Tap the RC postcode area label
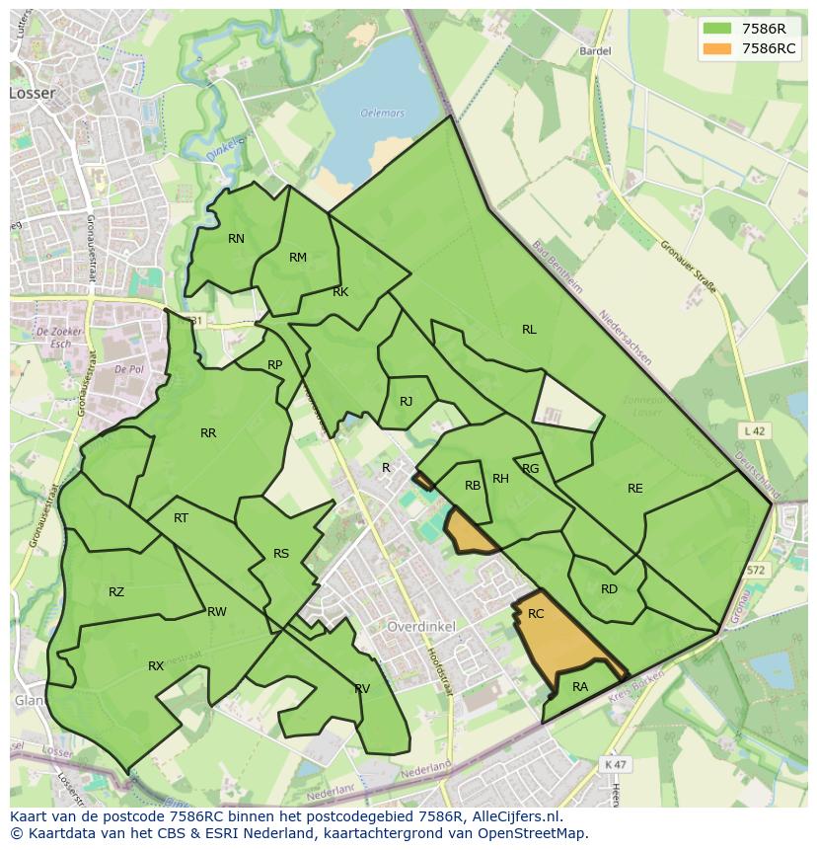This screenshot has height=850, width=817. tap(536, 614)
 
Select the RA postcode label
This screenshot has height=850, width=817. tap(580, 687)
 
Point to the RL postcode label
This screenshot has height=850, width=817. tap(529, 330)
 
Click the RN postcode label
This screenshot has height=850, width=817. tap(236, 239)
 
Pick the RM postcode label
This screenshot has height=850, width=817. tap(298, 258)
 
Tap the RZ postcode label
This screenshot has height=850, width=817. tap(116, 592)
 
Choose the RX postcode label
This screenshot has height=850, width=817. tap(156, 666)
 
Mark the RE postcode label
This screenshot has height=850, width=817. tap(634, 489)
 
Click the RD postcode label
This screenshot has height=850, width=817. tap(609, 589)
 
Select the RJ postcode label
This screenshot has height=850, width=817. tap(406, 402)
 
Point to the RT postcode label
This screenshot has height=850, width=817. tap(181, 518)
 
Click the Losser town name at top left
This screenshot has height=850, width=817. tap(33, 93)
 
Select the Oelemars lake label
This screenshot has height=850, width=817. tap(382, 114)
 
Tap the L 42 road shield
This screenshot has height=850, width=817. tap(754, 431)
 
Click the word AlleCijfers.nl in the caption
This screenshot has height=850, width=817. tap(514, 816)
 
